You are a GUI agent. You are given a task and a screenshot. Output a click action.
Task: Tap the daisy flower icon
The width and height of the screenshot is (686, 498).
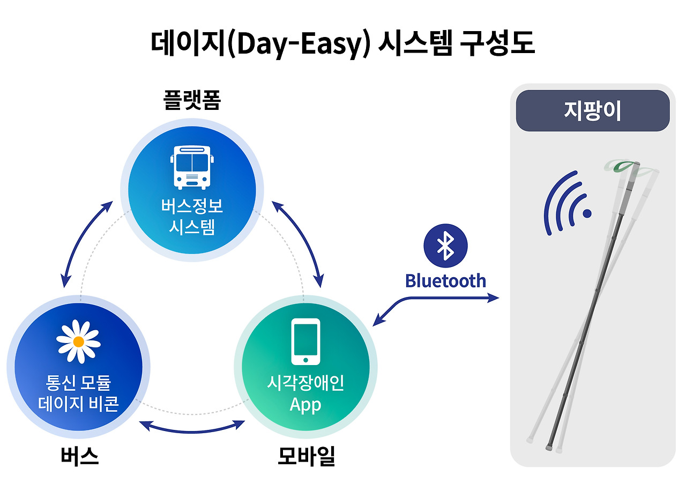point(78,341)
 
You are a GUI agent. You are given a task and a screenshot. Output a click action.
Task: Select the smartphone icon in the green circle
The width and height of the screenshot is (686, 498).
point(305,341)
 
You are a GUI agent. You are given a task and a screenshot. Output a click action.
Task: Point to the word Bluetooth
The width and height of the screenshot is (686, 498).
point(445,280)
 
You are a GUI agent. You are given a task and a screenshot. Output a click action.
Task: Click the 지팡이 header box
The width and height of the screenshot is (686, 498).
point(592,111)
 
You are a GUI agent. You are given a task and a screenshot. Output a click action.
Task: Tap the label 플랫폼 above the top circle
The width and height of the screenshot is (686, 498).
point(192,99)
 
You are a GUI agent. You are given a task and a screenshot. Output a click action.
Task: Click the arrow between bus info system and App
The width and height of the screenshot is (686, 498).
point(298,242)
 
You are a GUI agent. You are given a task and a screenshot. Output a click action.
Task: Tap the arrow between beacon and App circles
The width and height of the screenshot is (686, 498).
point(192,427)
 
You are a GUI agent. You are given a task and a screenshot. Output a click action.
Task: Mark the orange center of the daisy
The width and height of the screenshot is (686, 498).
point(78,341)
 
